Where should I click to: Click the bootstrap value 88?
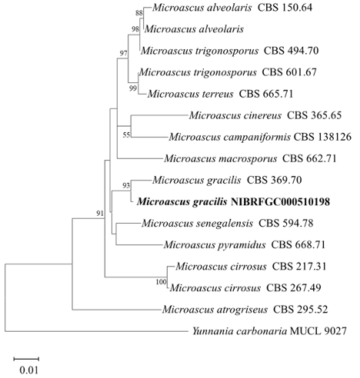pos(139,13)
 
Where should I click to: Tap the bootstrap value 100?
pos(161,282)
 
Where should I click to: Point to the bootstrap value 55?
pos(126,134)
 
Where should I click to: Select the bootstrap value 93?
pos(126,185)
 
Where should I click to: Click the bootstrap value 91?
pos(100,213)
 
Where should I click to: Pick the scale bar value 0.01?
pos(28,370)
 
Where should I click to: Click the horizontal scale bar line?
pos(26,359)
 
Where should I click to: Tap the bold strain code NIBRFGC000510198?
pos(280,202)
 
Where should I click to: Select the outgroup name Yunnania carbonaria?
pos(239,331)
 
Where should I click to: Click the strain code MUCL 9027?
pos(318,331)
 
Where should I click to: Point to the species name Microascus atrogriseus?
pos(215,310)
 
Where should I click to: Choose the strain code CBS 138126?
pos(322,137)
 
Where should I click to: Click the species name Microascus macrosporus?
pos(221,158)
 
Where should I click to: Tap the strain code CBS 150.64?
pos(285,8)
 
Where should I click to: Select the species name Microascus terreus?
pos(190,94)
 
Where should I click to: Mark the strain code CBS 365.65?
pos(314,115)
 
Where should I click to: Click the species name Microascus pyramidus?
pos(215,245)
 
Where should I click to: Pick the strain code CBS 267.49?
pos(294,288)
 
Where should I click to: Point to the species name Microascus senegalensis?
pos(197,224)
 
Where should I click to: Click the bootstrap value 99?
pos(133,88)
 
